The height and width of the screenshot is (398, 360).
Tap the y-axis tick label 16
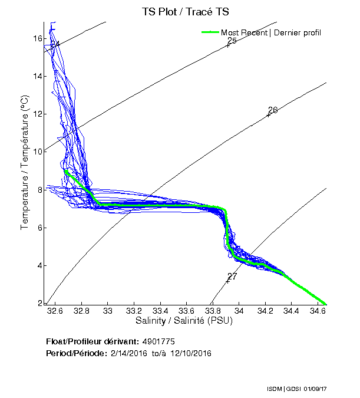tap(37, 38)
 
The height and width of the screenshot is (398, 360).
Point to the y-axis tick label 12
tap(37, 114)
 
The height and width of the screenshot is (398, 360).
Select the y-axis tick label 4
tap(39, 265)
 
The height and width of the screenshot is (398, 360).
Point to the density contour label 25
tap(232, 41)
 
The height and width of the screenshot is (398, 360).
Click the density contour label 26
tap(272, 110)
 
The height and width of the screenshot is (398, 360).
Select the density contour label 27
tap(232, 276)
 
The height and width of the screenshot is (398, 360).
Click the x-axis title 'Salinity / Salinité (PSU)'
tap(186, 321)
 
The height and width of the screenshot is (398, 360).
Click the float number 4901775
tap(158, 342)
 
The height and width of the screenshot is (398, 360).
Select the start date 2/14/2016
tap(129, 353)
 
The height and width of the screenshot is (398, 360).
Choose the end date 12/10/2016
tap(191, 353)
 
